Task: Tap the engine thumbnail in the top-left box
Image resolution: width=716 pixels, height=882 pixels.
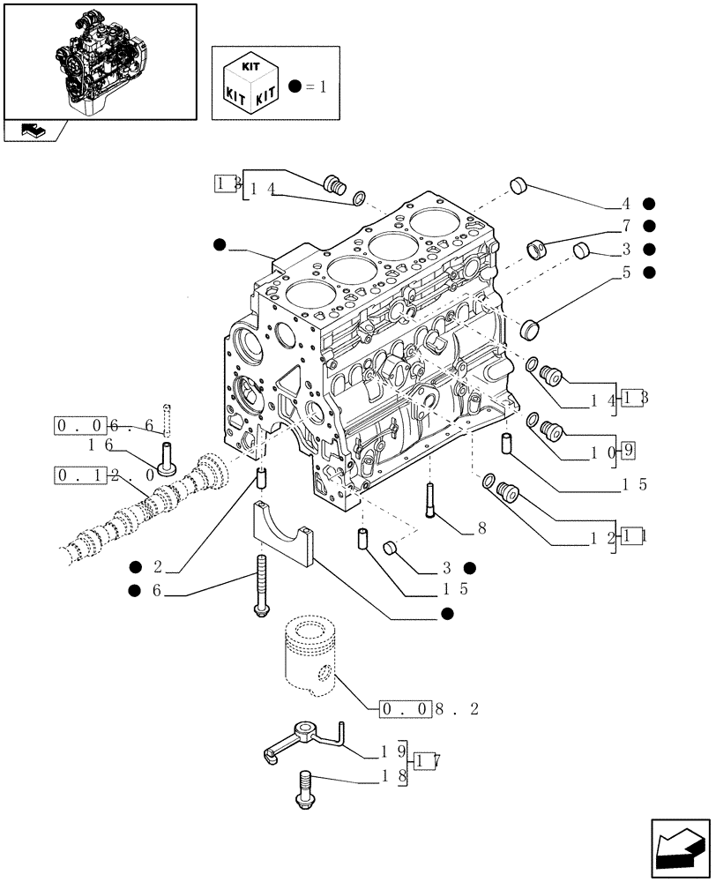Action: [x=99, y=60]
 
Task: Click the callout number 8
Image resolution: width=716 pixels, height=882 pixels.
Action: [x=482, y=529]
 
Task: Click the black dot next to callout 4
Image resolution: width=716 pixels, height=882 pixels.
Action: [x=649, y=203]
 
